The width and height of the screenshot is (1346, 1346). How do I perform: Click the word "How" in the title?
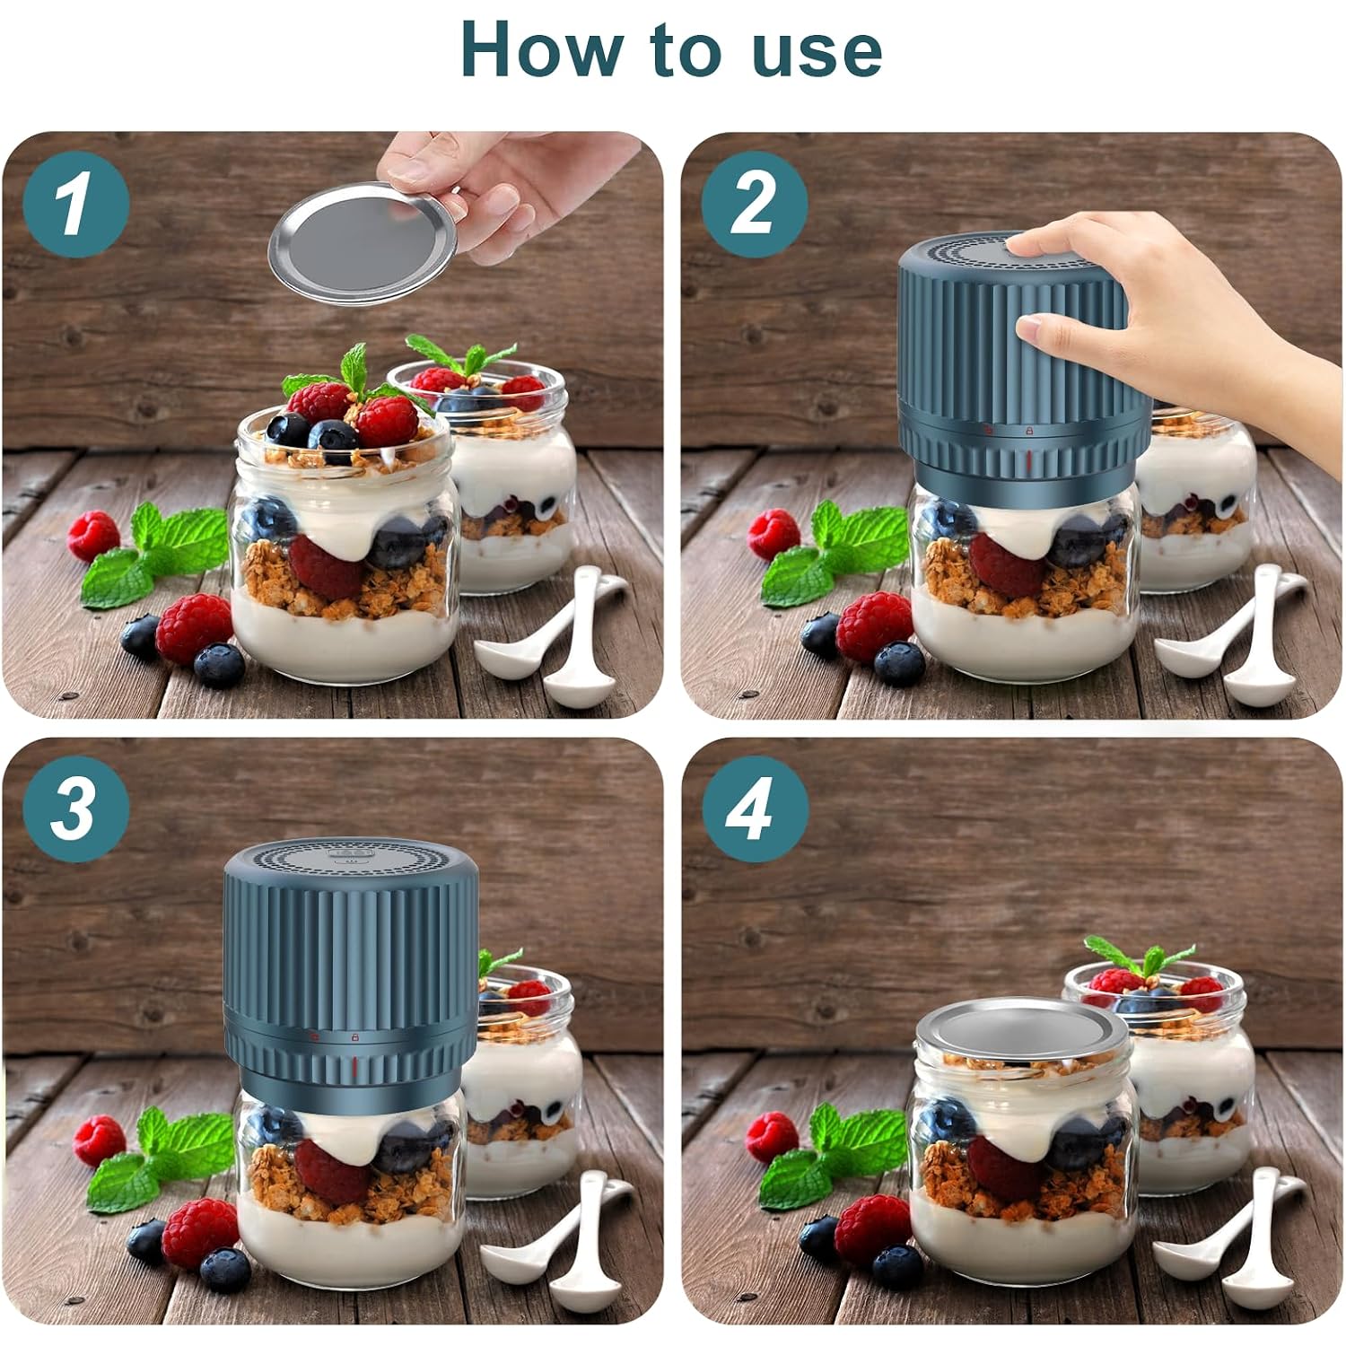pyautogui.click(x=537, y=49)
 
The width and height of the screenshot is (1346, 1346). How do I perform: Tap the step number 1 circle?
pyautogui.click(x=76, y=203)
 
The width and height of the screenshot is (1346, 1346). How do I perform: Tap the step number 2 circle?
pyautogui.click(x=754, y=203)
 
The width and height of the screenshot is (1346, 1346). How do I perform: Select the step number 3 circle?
pyautogui.click(x=76, y=808)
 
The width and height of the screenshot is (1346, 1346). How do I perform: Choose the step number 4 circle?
pyautogui.click(x=754, y=808)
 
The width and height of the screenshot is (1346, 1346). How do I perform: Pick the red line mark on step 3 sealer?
pyautogui.click(x=354, y=1066)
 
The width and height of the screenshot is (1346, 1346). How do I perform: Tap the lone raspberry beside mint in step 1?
pyautogui.click(x=93, y=535)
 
